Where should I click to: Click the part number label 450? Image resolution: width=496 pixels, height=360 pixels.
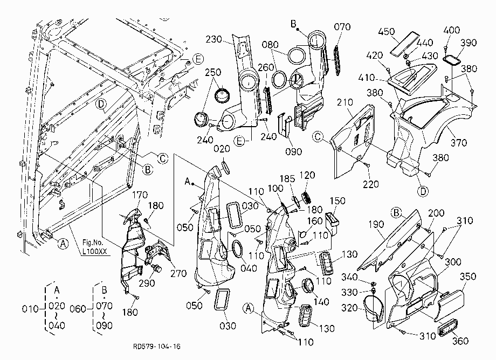point(386,32)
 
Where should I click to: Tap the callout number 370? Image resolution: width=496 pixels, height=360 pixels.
point(459,143)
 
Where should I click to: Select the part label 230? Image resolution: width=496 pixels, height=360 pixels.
point(214,39)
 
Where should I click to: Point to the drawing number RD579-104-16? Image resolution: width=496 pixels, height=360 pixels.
point(156,347)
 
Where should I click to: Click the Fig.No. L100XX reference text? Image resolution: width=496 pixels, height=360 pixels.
point(94,247)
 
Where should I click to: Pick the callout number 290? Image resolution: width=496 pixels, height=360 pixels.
point(147,283)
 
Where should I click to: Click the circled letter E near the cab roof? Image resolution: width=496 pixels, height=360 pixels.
point(198,59)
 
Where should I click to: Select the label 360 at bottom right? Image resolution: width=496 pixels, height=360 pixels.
point(460,341)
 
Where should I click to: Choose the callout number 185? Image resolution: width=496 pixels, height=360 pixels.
point(287,178)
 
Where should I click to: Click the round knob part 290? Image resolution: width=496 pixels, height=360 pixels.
point(156,269)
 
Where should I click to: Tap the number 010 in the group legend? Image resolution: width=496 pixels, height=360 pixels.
point(30,308)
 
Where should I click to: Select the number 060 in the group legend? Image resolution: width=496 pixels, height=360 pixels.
point(78,308)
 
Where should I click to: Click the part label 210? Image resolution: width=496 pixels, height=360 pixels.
point(345,102)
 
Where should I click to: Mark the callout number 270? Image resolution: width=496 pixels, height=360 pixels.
point(178,273)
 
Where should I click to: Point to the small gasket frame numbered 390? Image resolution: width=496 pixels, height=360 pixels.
point(451,60)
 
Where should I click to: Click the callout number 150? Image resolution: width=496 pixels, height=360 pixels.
point(337,200)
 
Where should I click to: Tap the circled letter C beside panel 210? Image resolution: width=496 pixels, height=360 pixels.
point(318,136)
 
